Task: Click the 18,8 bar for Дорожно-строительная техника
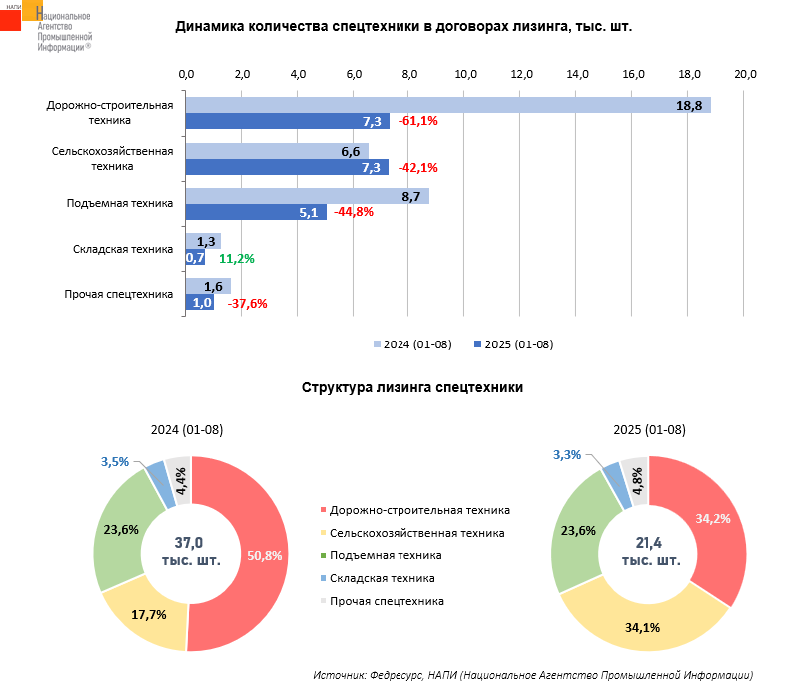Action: tap(447, 105)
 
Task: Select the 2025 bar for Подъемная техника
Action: tap(256, 212)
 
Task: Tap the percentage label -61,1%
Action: tap(418, 122)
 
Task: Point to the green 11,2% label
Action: tap(237, 258)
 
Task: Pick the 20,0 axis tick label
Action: tap(745, 74)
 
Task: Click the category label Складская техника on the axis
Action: tap(124, 249)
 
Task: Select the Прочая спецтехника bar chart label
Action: tap(118, 294)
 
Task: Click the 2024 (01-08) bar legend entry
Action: tap(412, 345)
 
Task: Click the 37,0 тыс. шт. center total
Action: tap(190, 551)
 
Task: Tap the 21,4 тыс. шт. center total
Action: tap(650, 551)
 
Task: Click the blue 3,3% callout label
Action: tap(566, 455)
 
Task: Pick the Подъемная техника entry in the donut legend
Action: tap(386, 555)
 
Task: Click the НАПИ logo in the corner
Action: tap(21, 19)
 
